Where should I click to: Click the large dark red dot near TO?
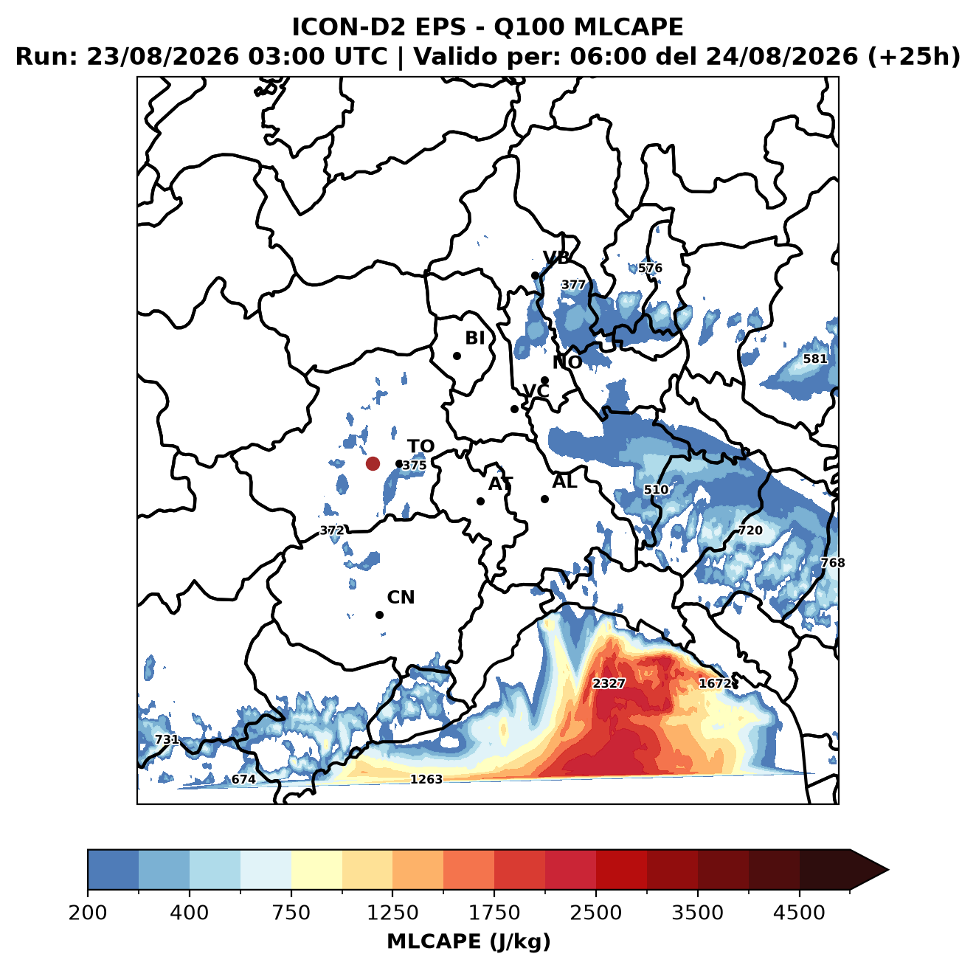point(373,463)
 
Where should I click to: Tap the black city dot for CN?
point(379,615)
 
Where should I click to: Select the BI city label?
point(474,338)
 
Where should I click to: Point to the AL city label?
point(564,482)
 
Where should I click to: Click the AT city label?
point(500,484)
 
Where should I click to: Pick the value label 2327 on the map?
point(609,683)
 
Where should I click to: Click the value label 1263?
point(426,779)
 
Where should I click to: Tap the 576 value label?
point(650,268)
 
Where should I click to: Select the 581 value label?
point(815,359)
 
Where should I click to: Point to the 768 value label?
point(833,562)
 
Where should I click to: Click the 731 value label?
point(167,739)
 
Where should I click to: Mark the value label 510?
point(656,490)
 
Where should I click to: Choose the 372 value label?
point(332,530)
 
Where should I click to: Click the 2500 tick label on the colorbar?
point(595,912)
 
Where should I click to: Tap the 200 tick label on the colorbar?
point(88,912)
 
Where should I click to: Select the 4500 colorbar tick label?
point(799,912)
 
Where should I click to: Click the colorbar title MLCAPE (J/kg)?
point(468,941)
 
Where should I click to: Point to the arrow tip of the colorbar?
point(888,871)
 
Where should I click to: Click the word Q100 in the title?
point(528,27)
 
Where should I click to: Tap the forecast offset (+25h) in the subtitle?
point(913,57)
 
